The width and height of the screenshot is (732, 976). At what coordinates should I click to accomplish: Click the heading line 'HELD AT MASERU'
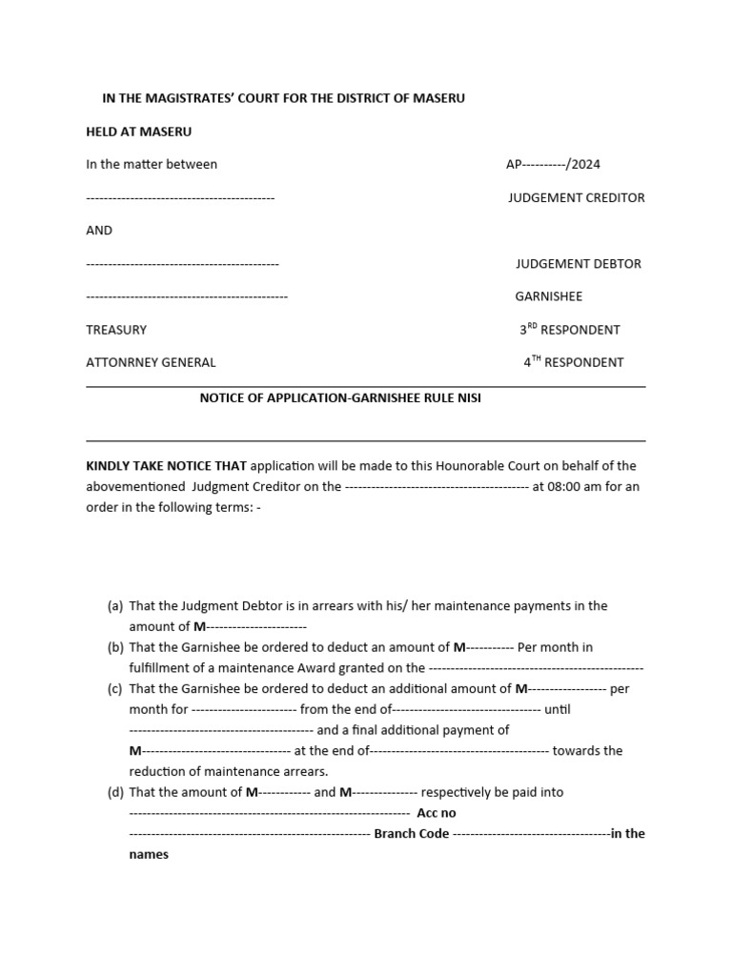[x=138, y=132]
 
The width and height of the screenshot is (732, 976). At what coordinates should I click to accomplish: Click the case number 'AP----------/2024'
[x=553, y=164]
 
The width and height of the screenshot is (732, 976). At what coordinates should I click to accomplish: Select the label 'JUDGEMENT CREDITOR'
[x=577, y=197]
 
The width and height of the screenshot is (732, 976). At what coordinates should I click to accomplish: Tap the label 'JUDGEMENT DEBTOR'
[x=579, y=263]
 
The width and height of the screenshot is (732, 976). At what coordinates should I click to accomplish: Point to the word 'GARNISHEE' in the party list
[x=549, y=296]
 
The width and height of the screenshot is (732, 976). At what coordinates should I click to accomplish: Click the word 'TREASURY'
[x=116, y=330]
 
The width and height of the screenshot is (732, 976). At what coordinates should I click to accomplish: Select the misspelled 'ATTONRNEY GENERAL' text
[x=151, y=362]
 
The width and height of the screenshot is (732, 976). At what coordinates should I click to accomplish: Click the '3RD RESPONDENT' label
[x=570, y=330]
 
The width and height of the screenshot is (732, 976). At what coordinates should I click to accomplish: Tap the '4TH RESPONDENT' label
[x=574, y=362]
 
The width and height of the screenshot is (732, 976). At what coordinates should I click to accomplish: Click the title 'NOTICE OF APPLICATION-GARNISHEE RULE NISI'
[x=340, y=398]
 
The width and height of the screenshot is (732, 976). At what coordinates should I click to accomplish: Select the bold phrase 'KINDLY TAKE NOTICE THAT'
[x=166, y=466]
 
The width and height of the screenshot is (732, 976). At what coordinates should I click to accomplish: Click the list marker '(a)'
[x=115, y=606]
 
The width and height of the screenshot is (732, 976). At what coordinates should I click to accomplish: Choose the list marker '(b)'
[x=115, y=647]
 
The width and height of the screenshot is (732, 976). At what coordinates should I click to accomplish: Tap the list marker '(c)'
[x=115, y=689]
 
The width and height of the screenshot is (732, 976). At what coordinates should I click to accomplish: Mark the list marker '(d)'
[x=115, y=792]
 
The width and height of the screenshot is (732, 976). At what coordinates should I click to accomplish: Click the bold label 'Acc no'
[x=437, y=813]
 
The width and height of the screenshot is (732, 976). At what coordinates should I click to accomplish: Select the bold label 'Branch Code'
[x=412, y=834]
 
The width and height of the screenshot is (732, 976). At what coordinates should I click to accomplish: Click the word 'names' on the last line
[x=149, y=854]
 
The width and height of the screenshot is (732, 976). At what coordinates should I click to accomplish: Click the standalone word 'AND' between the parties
[x=99, y=231]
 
